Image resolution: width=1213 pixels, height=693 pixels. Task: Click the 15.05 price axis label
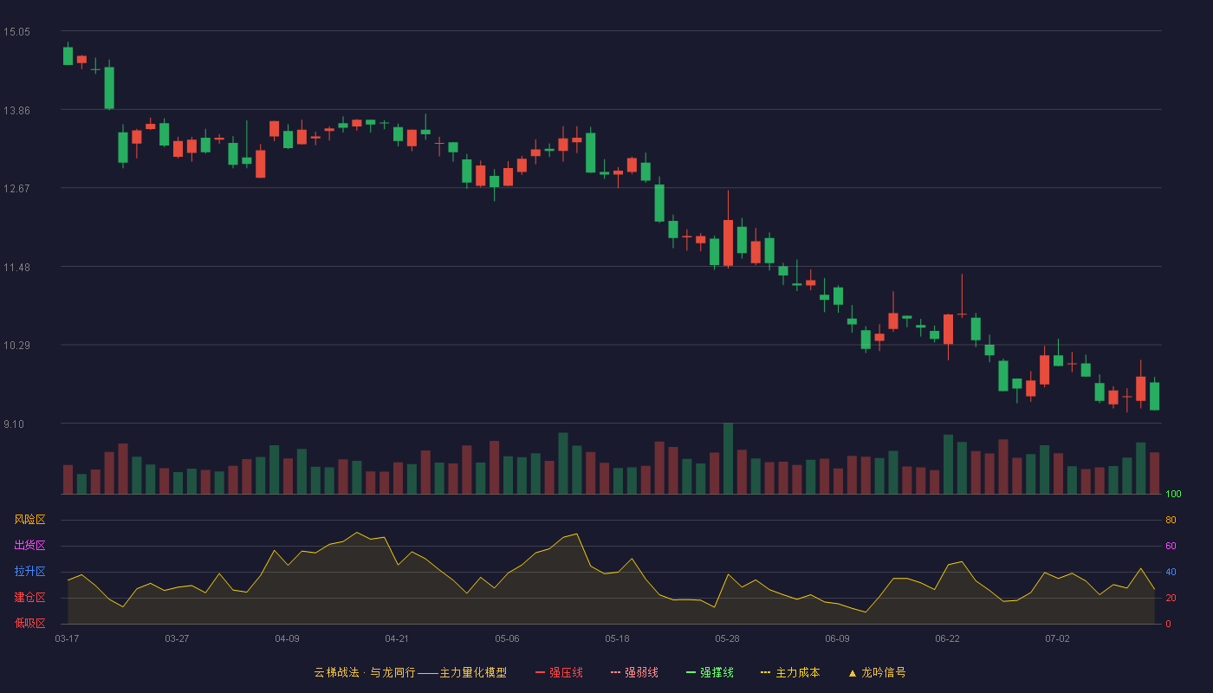point(16,32)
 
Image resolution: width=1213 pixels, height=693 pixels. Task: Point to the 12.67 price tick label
point(16,189)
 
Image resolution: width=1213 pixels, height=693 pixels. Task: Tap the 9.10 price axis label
point(14,424)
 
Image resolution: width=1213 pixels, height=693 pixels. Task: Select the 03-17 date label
point(68,639)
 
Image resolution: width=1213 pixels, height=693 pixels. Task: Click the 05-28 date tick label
point(727,639)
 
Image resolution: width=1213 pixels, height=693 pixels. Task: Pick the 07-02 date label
point(1058,639)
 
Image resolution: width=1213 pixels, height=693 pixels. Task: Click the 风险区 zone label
point(29,520)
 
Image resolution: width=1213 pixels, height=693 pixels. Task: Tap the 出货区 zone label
point(29,545)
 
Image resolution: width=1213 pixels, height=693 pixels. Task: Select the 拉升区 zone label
point(29,571)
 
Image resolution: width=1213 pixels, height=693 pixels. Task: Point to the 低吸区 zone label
point(29,623)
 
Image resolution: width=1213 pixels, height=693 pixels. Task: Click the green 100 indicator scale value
point(1173,494)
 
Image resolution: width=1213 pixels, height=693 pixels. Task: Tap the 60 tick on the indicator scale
point(1171,546)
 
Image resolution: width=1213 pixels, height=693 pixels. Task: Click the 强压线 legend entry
point(560,672)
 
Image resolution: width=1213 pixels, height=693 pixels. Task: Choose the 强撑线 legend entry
point(710,672)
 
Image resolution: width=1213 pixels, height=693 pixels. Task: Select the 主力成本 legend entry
point(790,672)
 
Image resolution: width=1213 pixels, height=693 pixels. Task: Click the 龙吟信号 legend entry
point(877,672)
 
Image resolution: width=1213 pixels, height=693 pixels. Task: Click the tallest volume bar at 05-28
point(729,458)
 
